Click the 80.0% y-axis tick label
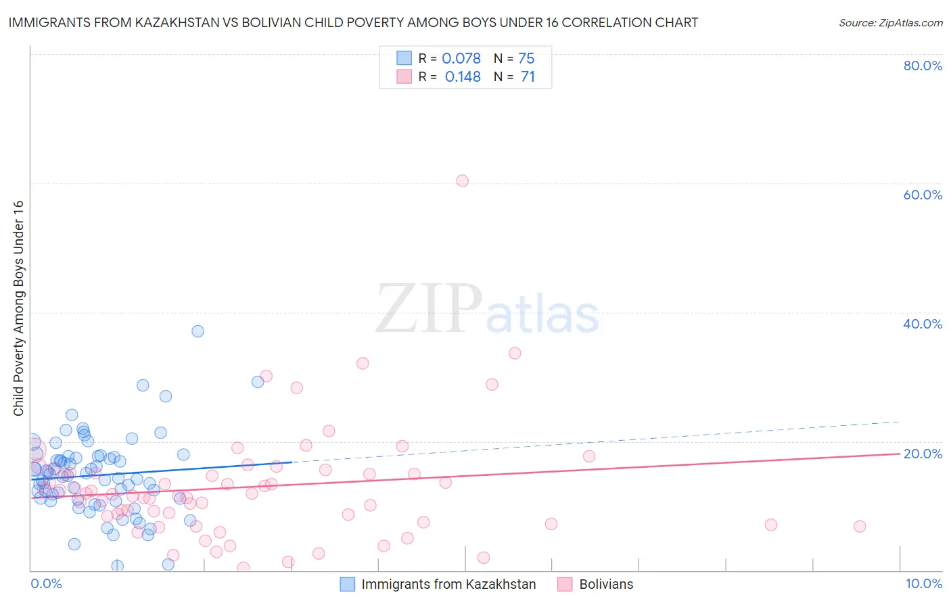(x=923, y=66)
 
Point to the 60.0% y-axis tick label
(x=923, y=195)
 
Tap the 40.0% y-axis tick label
(x=923, y=324)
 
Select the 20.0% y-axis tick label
(x=923, y=453)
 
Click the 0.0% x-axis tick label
(x=46, y=583)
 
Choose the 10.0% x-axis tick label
(x=923, y=583)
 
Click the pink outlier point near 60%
(x=462, y=180)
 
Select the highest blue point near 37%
(x=198, y=331)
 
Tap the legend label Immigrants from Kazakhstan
(x=448, y=584)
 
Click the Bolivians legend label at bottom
(x=606, y=584)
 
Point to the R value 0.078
(x=461, y=59)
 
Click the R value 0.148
(x=463, y=77)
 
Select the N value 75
(x=526, y=59)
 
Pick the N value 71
(x=528, y=77)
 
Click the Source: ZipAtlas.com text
(x=890, y=23)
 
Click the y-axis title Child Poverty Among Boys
(x=18, y=308)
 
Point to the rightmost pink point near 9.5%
(x=860, y=526)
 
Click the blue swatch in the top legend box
(x=404, y=58)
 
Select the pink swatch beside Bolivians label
(x=565, y=584)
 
